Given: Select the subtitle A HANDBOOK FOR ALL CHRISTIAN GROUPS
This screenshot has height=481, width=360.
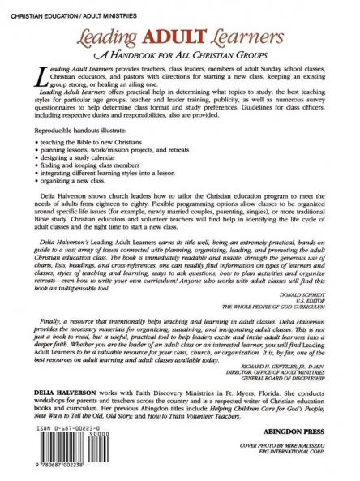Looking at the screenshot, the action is (x=181, y=55).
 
